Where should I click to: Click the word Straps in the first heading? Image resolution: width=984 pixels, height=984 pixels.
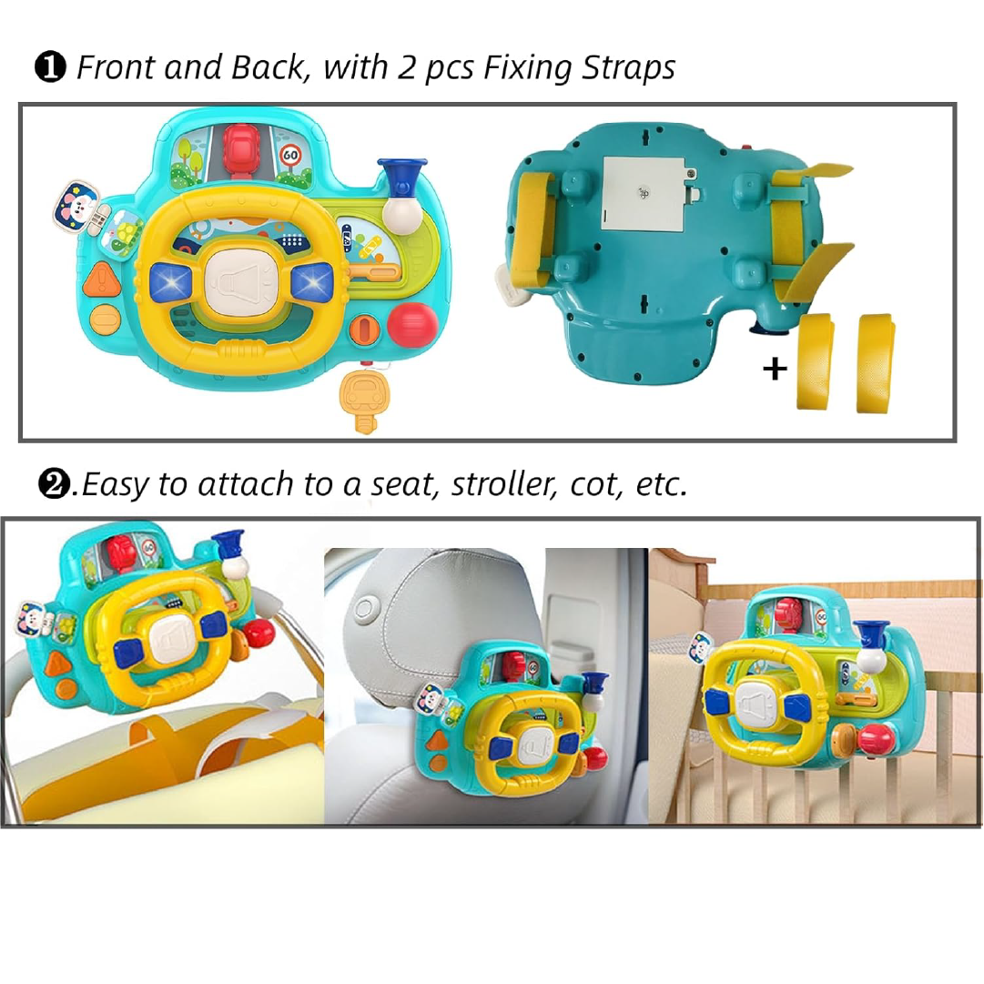tap(628, 67)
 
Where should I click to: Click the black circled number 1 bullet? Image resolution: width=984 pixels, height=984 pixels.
tap(50, 67)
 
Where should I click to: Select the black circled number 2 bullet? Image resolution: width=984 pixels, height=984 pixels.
tap(55, 484)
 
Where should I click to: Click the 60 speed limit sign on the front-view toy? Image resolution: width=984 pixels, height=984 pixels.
tap(290, 155)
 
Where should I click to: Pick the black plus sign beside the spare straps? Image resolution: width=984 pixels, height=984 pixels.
tap(775, 369)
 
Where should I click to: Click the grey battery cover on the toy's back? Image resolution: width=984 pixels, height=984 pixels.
tap(644, 194)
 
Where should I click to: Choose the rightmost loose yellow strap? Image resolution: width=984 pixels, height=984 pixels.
tap(876, 362)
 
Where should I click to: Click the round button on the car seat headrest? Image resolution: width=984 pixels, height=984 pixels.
tap(366, 609)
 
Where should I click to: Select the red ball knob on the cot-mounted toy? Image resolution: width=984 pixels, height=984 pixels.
tap(876, 738)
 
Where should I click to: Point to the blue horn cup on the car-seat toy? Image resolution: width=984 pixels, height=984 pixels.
tap(594, 682)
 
